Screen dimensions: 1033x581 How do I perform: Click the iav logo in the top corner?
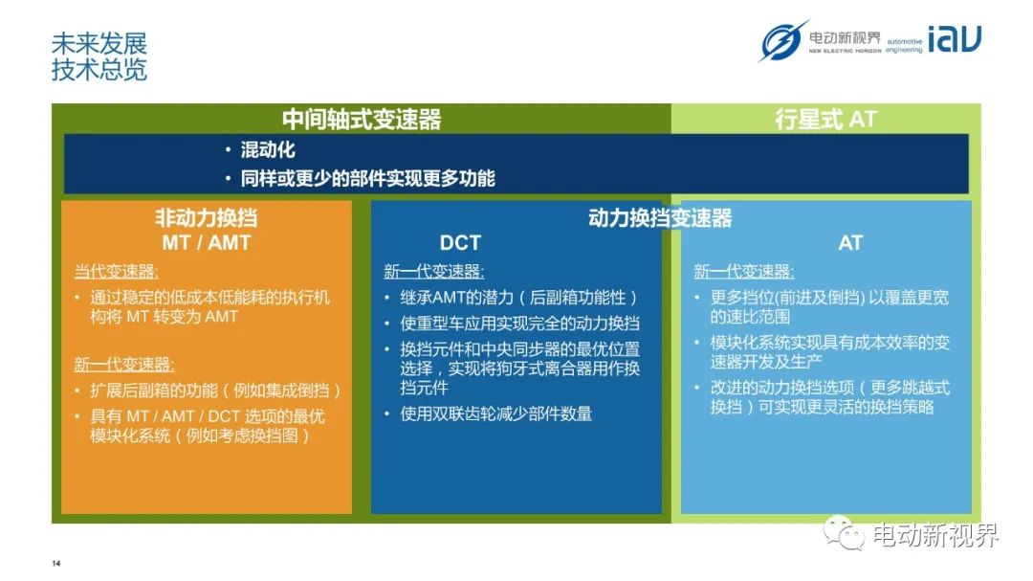[x=954, y=38]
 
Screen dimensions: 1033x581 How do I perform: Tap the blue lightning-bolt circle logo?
[x=782, y=40]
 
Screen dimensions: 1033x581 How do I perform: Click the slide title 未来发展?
[x=99, y=43]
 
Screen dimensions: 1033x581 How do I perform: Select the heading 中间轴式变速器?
[x=362, y=120]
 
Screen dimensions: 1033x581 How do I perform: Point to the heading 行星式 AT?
[x=825, y=120]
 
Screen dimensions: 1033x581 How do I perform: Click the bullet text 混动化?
[x=268, y=149]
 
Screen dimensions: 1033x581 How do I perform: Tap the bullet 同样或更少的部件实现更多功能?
[x=367, y=178]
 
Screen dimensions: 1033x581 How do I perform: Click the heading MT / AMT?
[x=207, y=243]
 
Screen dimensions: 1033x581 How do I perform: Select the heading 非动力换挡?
[x=207, y=217]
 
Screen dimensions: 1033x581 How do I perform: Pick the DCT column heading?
[x=460, y=243]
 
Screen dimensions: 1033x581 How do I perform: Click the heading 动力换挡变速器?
[x=660, y=217]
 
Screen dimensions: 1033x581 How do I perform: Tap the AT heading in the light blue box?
[x=850, y=243]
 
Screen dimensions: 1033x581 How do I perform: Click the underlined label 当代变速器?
[x=116, y=272]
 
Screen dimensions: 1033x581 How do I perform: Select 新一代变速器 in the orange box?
[x=123, y=365]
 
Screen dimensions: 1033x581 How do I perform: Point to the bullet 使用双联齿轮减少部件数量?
[x=496, y=413]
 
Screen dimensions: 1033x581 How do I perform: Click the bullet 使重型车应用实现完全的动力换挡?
[x=519, y=324]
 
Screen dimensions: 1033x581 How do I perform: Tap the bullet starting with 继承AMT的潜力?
[x=518, y=298]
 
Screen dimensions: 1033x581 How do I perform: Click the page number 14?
[x=56, y=563]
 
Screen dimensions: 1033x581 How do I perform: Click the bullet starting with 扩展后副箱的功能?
[x=215, y=391]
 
